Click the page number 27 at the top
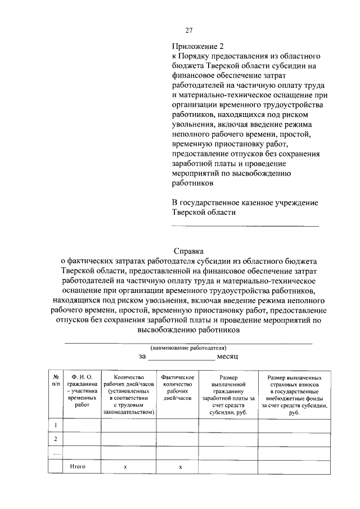[x=190, y=30]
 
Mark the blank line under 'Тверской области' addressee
[x=245, y=225]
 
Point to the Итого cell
[x=77, y=467]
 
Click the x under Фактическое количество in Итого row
[x=180, y=467]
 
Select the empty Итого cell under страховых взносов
[x=294, y=467]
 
